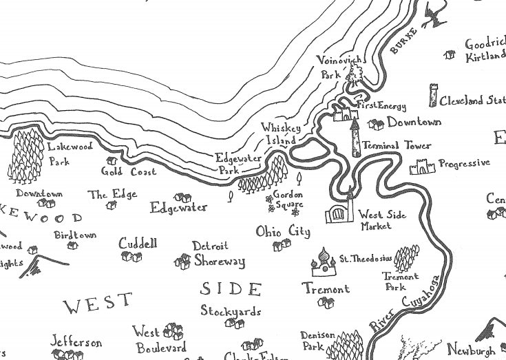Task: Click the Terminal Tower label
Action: [397, 146]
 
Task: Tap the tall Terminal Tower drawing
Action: [355, 138]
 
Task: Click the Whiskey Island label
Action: [278, 134]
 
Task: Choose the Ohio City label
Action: [283, 231]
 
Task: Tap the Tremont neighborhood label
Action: [326, 289]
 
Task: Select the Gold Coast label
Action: [129, 171]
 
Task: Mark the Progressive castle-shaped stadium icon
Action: [422, 166]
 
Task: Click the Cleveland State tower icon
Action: [433, 96]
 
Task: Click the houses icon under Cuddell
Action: [131, 257]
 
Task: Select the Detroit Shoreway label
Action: [218, 254]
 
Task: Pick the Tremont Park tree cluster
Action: [406, 257]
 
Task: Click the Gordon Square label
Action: [288, 199]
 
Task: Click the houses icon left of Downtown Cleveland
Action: [376, 125]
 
